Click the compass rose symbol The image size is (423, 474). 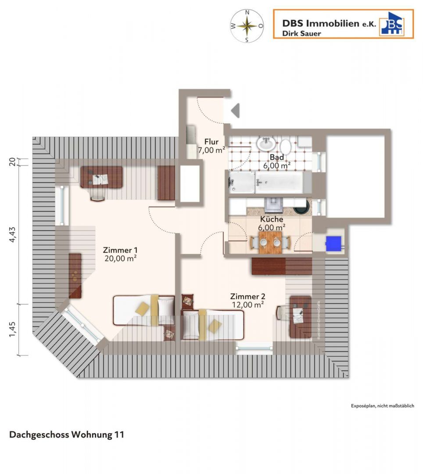coord(247,26)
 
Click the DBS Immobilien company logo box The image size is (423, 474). coord(343,24)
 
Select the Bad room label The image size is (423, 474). coord(277,161)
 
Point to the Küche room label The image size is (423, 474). coord(272,223)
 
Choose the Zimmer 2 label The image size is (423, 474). coord(247,300)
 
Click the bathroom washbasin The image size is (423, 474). coord(266,143)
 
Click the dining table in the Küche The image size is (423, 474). coord(270,242)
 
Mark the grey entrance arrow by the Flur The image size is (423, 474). coord(236,110)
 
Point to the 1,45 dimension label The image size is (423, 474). coord(13,329)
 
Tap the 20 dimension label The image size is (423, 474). coord(13,161)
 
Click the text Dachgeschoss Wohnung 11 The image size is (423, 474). coord(67,435)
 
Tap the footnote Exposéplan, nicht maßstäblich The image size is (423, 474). coord(382,406)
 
